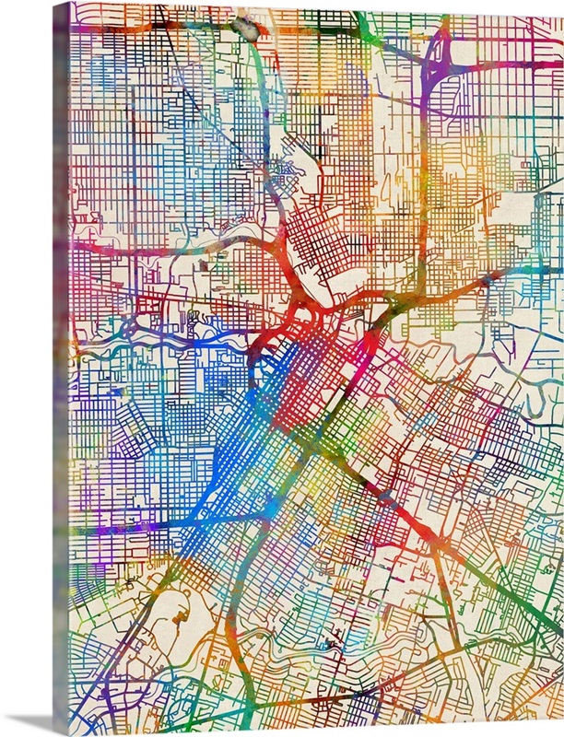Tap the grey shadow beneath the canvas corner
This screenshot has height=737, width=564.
pyautogui.click(x=28, y=722)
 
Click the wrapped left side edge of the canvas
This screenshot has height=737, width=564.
pyautogui.click(x=62, y=368)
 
